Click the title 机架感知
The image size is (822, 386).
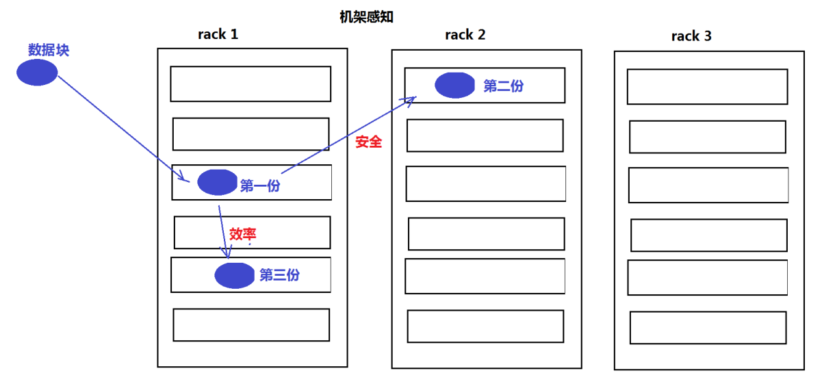click(x=367, y=18)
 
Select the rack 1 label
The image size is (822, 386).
click(x=218, y=34)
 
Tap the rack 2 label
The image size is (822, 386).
click(x=465, y=34)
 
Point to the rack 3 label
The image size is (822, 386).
click(x=691, y=36)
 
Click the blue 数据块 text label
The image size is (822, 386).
click(x=49, y=50)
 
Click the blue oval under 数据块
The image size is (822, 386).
click(x=37, y=72)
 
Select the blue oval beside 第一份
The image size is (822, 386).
click(x=217, y=182)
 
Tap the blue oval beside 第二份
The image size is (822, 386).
click(x=454, y=85)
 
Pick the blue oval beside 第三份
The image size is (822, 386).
click(x=235, y=275)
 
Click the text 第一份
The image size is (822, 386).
click(x=260, y=185)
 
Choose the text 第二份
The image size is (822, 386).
click(x=504, y=86)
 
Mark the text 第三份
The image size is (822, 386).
click(x=279, y=275)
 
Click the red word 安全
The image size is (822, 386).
click(x=369, y=142)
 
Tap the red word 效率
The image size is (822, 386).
click(x=242, y=233)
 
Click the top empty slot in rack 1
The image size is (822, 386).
click(x=251, y=83)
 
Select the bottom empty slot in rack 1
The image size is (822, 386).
click(x=251, y=324)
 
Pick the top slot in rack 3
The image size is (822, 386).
click(x=707, y=86)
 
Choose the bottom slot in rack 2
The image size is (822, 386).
click(x=485, y=326)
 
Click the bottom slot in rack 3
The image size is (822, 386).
click(x=708, y=327)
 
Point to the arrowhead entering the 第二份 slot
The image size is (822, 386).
click(x=412, y=100)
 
